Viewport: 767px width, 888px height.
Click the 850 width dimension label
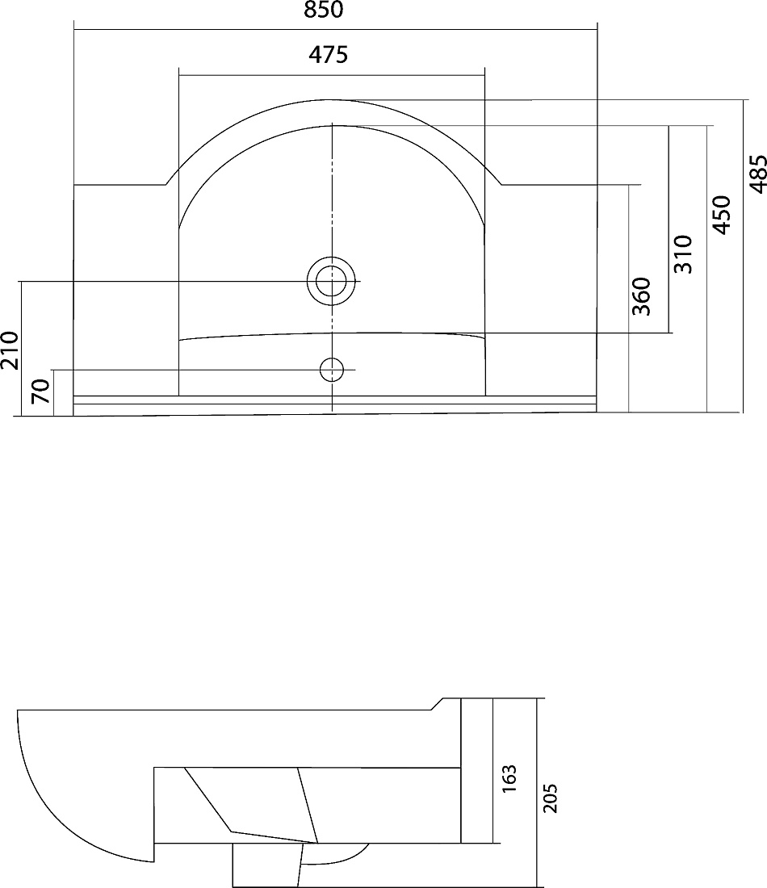click(324, 10)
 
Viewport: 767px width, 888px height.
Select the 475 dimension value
click(328, 54)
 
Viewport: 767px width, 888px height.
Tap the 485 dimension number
click(758, 174)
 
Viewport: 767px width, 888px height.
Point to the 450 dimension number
click(722, 215)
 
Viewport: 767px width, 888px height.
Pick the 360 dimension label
click(641, 296)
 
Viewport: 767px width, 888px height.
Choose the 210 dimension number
click(10, 350)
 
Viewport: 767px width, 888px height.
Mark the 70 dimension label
click(41, 392)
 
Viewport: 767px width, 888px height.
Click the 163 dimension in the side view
click(509, 778)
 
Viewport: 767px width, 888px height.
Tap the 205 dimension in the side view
click(550, 798)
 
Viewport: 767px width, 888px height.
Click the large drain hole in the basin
click(331, 281)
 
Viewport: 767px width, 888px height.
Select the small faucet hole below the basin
click(332, 370)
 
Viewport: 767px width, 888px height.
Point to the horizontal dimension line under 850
click(335, 29)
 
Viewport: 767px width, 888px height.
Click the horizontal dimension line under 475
click(332, 75)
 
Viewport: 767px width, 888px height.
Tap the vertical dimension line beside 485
click(743, 256)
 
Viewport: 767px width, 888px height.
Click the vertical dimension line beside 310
click(669, 229)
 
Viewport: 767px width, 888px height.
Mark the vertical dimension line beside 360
click(629, 299)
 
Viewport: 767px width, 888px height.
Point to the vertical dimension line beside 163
click(494, 771)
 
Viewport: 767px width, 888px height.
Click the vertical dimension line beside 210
click(21, 348)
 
